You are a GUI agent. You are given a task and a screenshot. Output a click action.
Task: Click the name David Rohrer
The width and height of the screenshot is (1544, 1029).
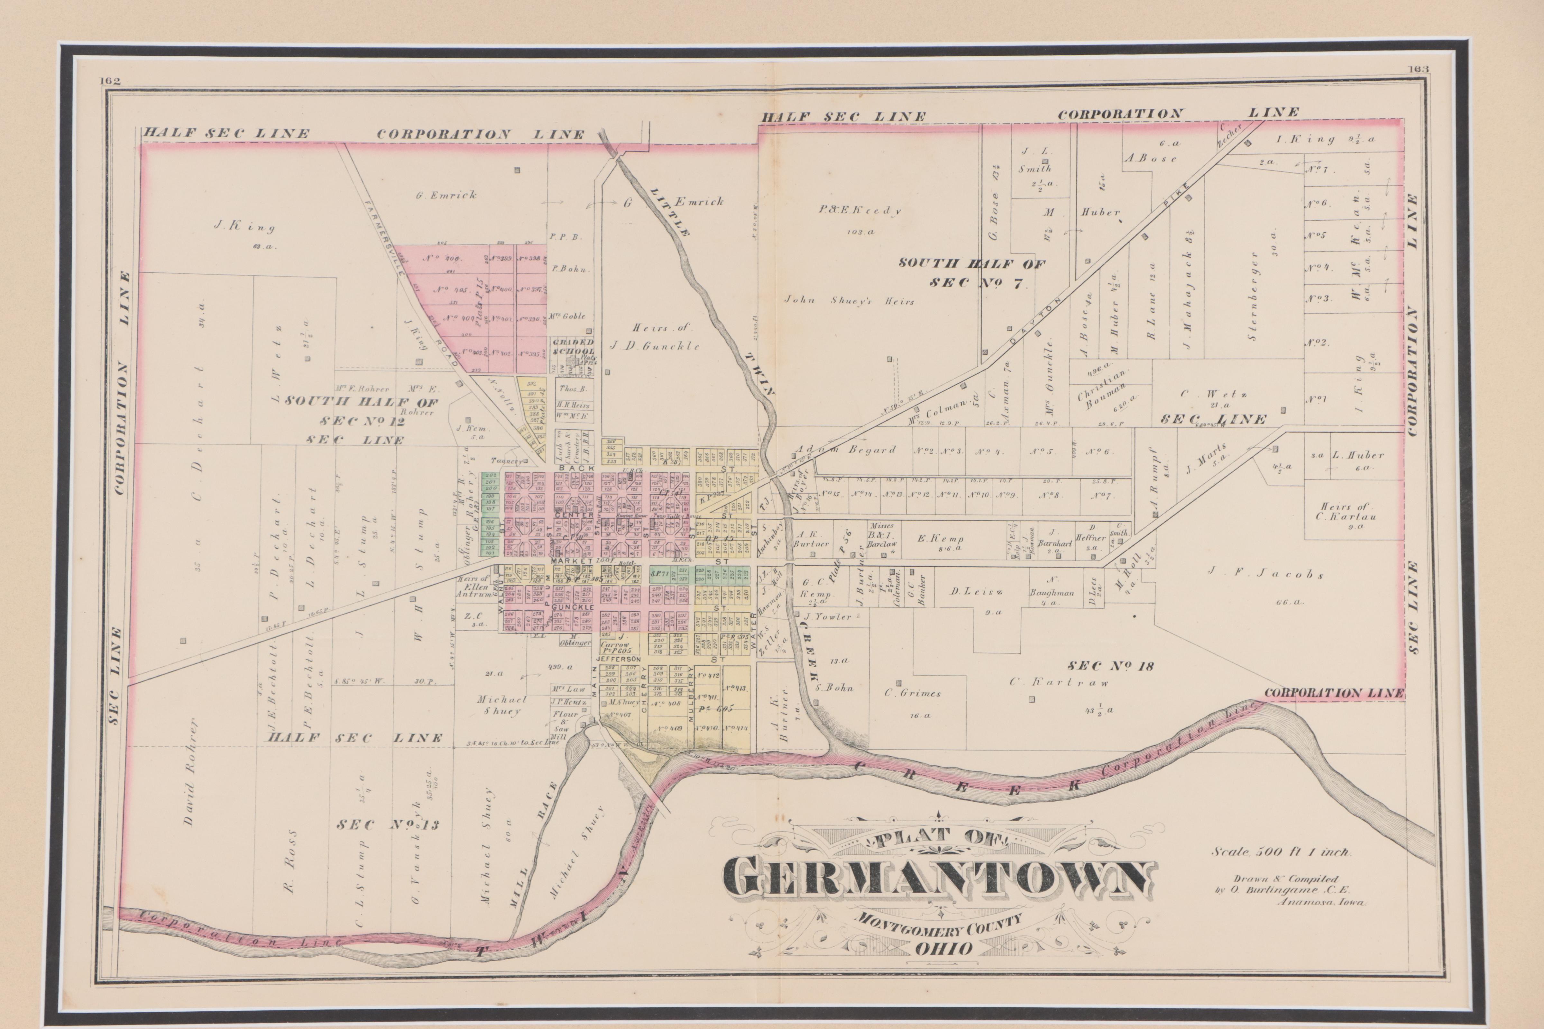[190, 771]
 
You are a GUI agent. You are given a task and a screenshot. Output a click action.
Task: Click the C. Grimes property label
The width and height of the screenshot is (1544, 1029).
[913, 693]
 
